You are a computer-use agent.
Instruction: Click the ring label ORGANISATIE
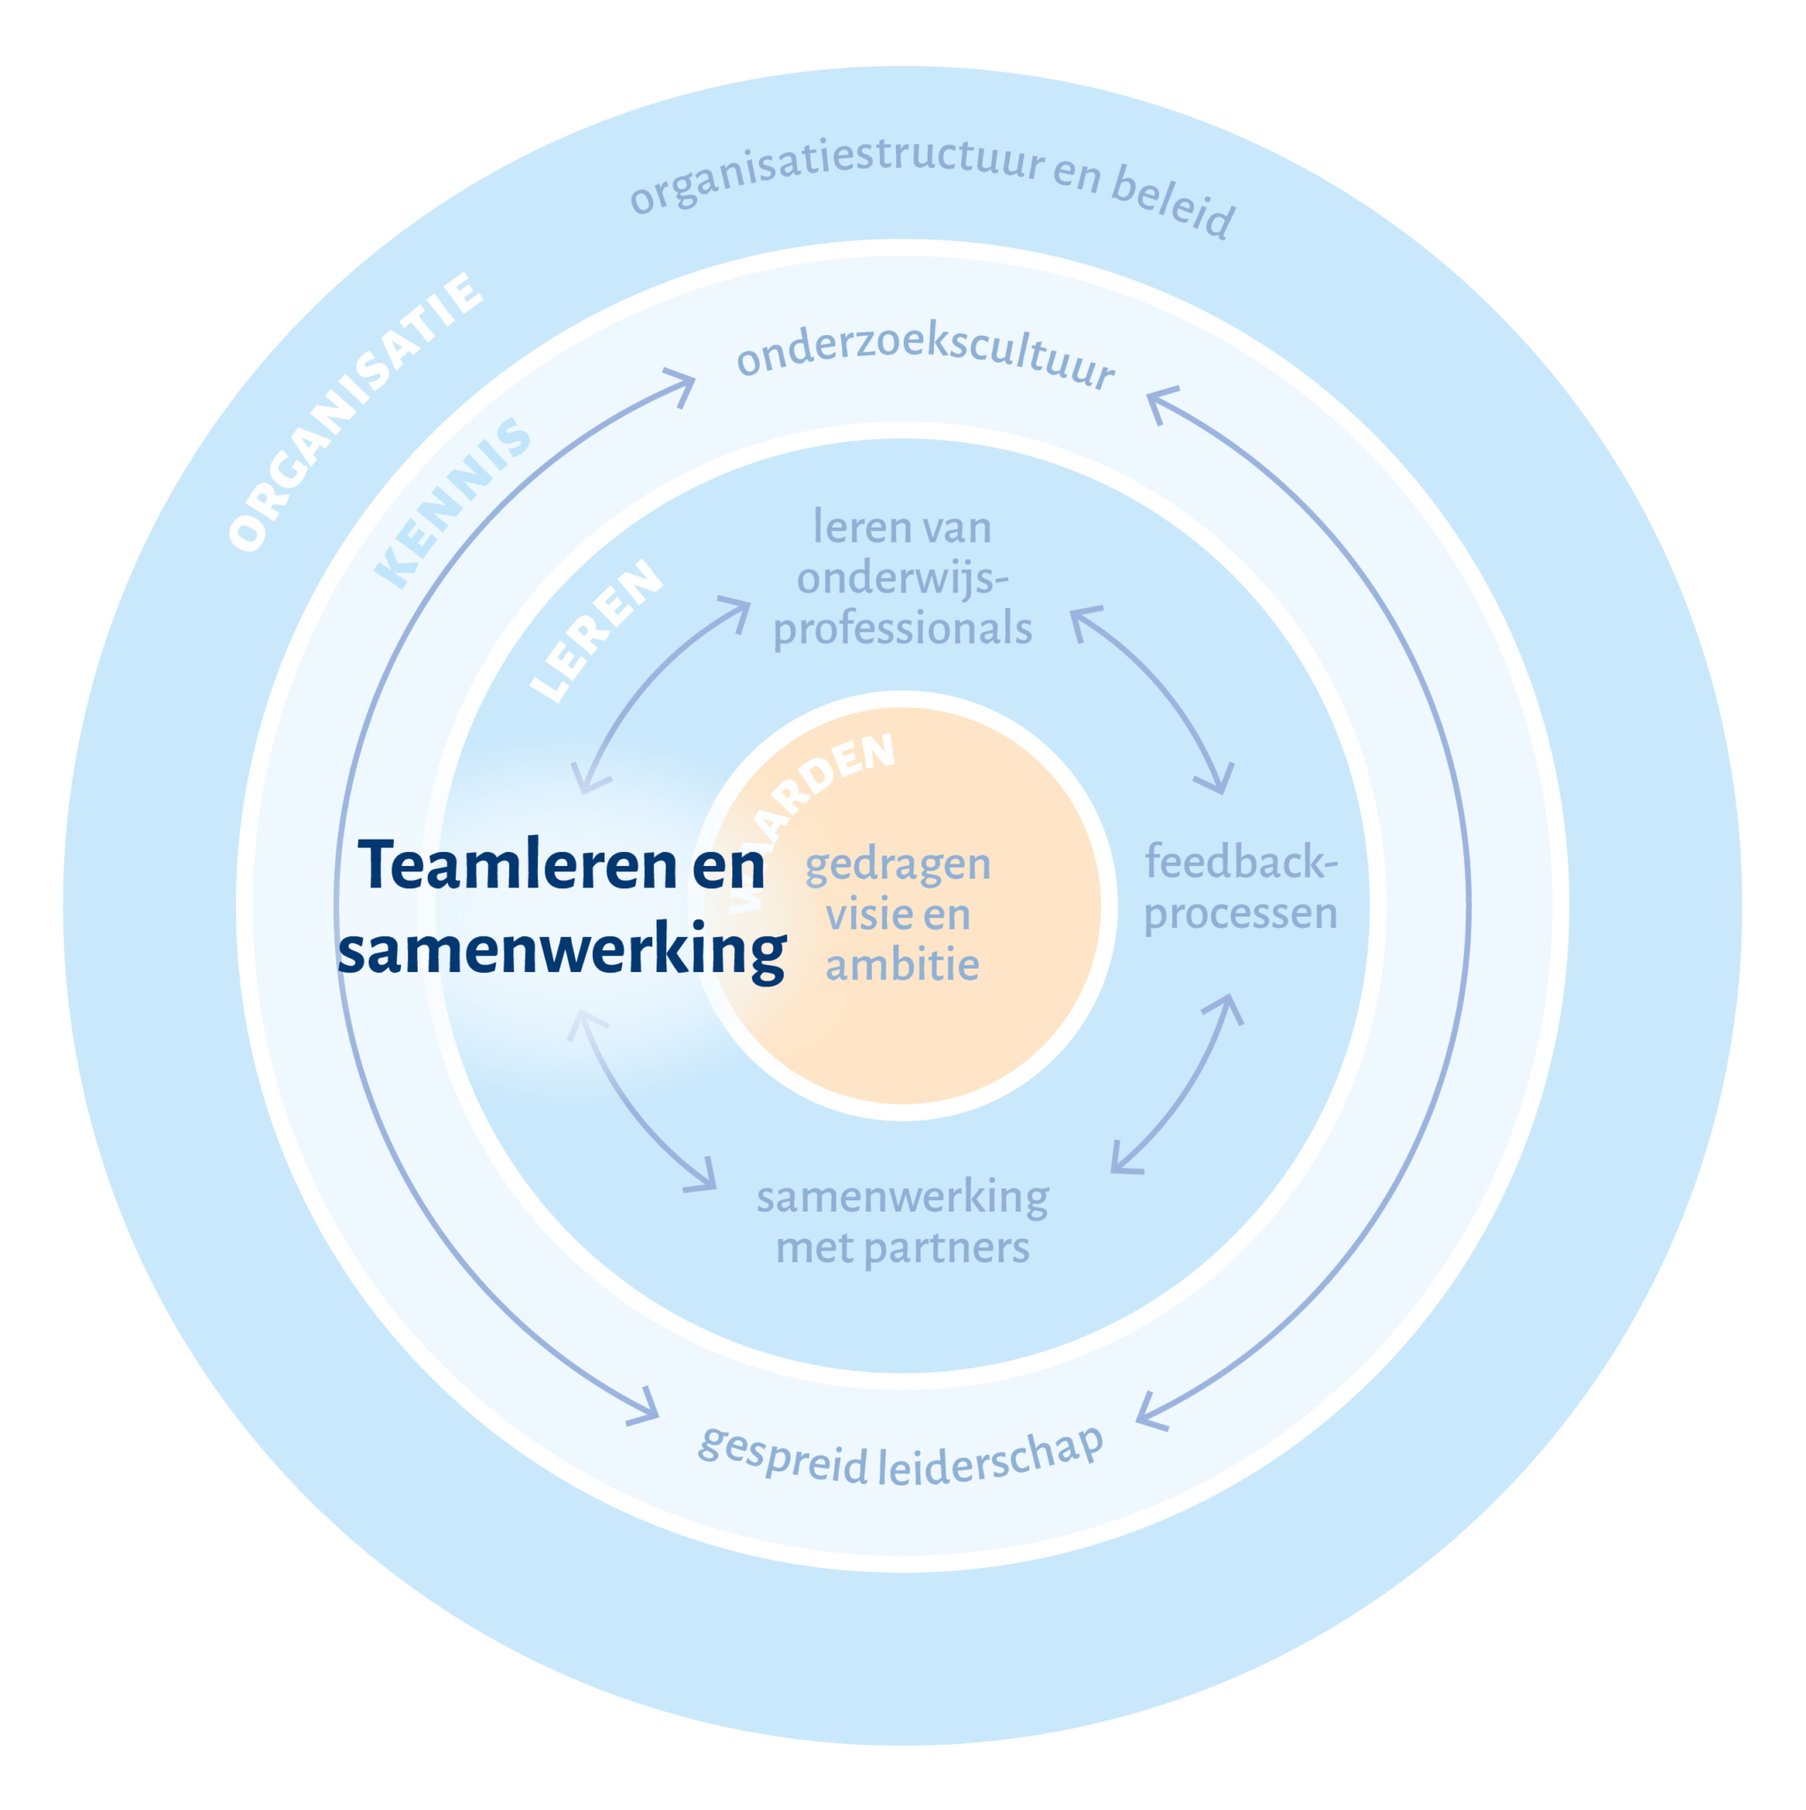pos(355,412)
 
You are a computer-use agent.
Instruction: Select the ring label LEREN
pos(596,629)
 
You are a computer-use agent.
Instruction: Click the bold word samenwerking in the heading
pos(561,951)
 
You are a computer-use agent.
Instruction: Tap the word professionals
pos(902,628)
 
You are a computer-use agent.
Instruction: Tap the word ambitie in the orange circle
pos(902,965)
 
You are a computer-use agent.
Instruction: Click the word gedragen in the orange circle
pos(898,863)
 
